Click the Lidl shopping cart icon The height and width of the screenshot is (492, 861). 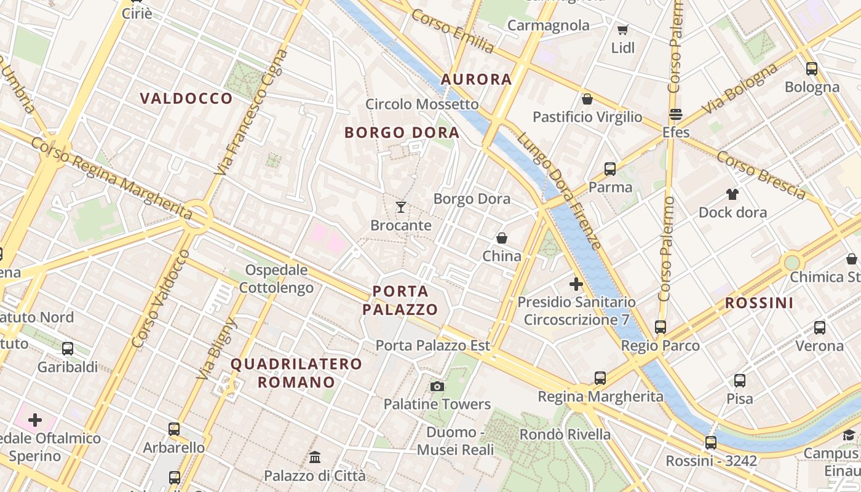(x=622, y=30)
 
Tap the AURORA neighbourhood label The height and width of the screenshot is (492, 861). (x=476, y=79)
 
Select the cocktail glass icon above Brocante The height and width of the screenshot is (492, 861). (x=401, y=207)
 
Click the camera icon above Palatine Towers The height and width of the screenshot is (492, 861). (x=437, y=386)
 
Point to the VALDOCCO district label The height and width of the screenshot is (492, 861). (x=186, y=98)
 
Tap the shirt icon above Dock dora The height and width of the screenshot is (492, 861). (x=732, y=194)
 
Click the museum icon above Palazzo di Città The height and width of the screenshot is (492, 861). (x=315, y=458)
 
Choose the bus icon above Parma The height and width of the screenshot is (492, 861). (x=610, y=169)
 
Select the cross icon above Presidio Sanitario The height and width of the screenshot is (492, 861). (x=576, y=284)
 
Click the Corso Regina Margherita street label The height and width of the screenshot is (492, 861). (x=111, y=178)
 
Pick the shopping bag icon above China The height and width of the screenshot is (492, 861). (x=502, y=238)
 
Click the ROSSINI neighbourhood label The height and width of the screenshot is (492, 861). (x=759, y=303)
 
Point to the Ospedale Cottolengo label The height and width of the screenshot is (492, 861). (x=276, y=279)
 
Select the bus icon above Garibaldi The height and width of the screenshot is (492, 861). (x=68, y=349)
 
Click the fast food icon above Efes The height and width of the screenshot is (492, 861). (x=676, y=114)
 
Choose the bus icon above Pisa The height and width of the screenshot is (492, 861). (x=739, y=381)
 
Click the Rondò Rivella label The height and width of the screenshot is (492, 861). (x=565, y=434)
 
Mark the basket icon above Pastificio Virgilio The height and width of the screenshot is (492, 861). (x=587, y=99)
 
